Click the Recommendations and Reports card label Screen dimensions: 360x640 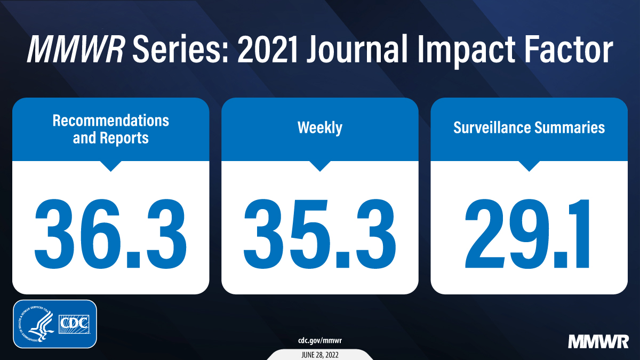pos(110,129)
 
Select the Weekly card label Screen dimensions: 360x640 pos(319,128)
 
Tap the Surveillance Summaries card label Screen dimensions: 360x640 pos(529,128)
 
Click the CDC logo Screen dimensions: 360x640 pos(75,324)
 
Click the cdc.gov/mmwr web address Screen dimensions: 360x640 pos(319,340)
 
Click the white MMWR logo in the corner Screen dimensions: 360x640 pos(597,341)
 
